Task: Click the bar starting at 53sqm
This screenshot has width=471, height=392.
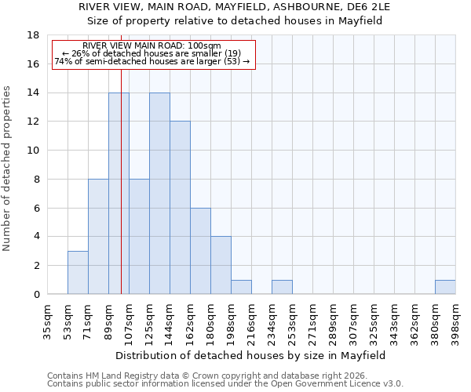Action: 78,272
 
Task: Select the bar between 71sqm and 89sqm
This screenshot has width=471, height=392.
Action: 98,236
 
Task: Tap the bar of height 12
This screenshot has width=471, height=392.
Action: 180,208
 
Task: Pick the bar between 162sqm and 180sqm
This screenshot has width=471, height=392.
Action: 200,251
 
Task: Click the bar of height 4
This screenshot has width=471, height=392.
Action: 221,265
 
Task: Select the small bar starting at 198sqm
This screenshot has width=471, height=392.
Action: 241,287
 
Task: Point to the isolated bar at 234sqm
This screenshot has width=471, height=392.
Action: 282,287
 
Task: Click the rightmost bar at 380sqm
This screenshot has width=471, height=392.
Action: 445,287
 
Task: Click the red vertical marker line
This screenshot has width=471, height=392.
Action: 121,196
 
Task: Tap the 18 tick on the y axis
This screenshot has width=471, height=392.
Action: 34,35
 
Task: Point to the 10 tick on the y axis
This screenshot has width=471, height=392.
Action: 34,151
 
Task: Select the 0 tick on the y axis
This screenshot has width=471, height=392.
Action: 37,294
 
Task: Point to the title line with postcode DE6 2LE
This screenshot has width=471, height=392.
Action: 235,6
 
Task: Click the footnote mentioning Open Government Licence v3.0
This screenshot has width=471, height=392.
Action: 225,384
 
